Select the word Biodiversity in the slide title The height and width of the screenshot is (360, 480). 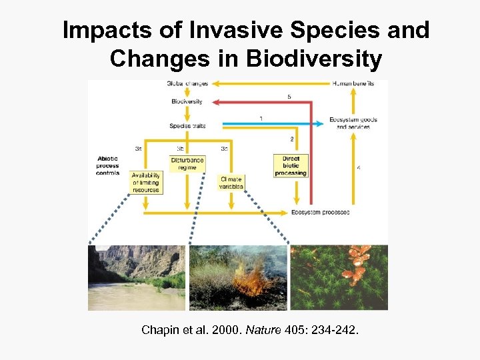pyautogui.click(x=314, y=59)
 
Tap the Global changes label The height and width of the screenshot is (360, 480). pyautogui.click(x=187, y=83)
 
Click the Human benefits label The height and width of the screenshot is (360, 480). pyautogui.click(x=353, y=83)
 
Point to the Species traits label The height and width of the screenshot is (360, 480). pyautogui.click(x=187, y=125)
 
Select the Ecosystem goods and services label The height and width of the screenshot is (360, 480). pyautogui.click(x=353, y=123)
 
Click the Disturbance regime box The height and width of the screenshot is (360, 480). pyautogui.click(x=187, y=163)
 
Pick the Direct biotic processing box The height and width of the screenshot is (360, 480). pyautogui.click(x=291, y=166)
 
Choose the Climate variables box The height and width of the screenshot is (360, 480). pyautogui.click(x=231, y=183)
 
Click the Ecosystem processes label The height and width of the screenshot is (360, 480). pyautogui.click(x=320, y=213)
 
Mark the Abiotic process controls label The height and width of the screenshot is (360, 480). pyautogui.click(x=107, y=165)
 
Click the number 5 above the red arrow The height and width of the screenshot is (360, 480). pyautogui.click(x=289, y=97)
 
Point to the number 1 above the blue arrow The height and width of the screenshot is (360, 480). pyautogui.click(x=261, y=118)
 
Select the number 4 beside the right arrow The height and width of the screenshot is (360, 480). pyautogui.click(x=359, y=168)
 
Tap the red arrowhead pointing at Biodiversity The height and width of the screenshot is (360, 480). pyautogui.click(x=209, y=102)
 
